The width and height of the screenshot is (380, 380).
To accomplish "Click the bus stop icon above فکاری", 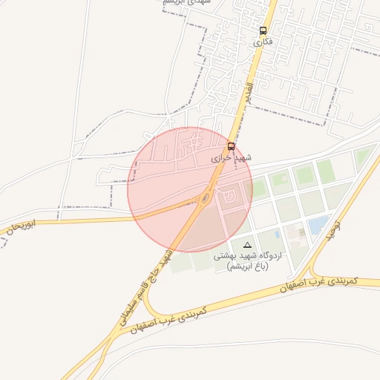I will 263,30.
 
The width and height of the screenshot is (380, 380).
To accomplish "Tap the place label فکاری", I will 263,42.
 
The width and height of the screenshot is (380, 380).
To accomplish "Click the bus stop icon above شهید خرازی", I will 232,146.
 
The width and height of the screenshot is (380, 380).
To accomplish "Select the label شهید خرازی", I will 232,158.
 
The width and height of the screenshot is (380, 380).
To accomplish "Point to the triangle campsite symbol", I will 247,244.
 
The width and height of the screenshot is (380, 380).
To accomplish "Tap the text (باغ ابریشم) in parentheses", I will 247,266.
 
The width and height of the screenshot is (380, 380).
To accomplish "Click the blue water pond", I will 318,224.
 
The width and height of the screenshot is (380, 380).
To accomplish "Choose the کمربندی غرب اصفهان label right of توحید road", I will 321,284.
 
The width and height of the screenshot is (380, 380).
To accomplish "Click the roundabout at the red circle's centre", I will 205,198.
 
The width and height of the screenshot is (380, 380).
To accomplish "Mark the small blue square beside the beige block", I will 277,234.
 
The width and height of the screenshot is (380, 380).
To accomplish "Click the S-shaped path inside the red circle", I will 230,194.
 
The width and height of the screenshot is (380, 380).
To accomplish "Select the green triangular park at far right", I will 362,157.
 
